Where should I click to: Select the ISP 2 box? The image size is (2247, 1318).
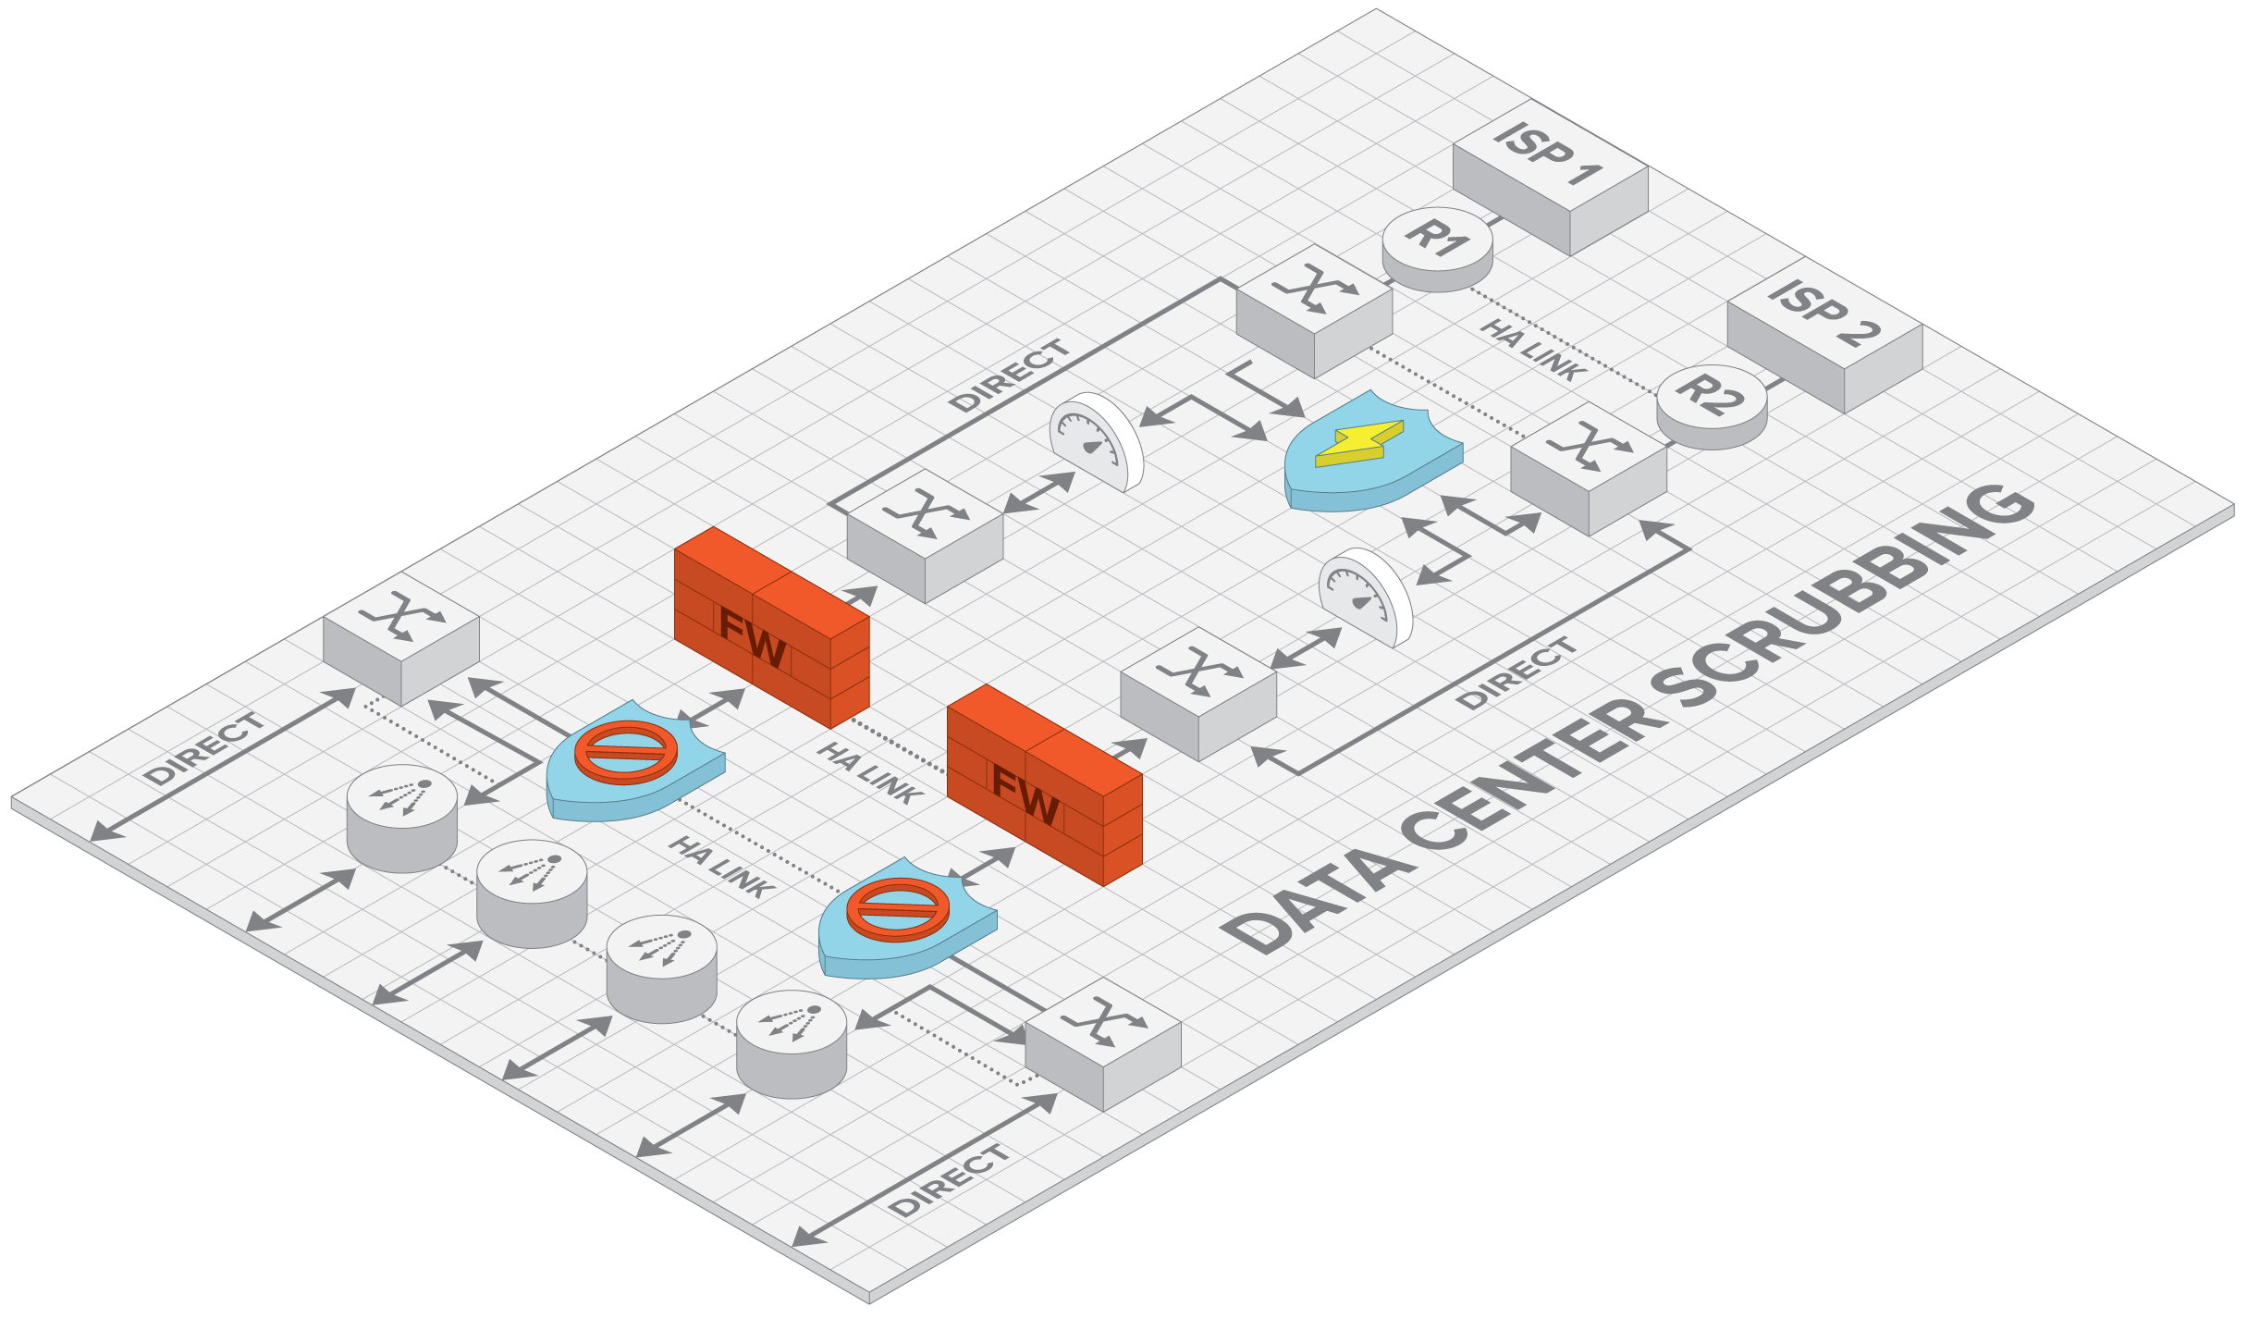coord(1824,343)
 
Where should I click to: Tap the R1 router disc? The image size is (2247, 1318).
coord(1437,244)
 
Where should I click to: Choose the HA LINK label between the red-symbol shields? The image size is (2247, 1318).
coord(721,867)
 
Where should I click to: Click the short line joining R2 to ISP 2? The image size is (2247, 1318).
coord(1774,380)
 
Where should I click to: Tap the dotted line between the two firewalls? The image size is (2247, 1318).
coord(902,746)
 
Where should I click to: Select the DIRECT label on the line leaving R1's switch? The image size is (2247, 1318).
coord(1010,376)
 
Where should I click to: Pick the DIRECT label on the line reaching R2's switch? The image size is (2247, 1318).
coord(1516,673)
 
